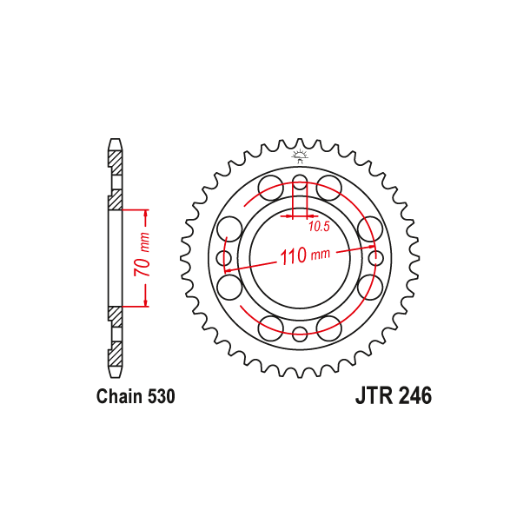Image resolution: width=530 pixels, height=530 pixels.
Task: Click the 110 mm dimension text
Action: [x=305, y=255]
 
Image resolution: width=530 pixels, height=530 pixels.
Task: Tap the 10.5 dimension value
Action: [x=318, y=226]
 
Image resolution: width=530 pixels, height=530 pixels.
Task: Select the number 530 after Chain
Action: [x=161, y=397]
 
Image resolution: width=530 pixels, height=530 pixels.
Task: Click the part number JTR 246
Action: [x=392, y=396]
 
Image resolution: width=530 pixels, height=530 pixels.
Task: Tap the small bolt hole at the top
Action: [x=300, y=183]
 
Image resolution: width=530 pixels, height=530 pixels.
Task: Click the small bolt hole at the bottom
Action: [x=300, y=333]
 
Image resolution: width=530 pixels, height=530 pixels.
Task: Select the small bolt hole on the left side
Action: [x=225, y=258]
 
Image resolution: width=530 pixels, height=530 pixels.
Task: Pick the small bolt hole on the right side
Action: [x=374, y=258]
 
